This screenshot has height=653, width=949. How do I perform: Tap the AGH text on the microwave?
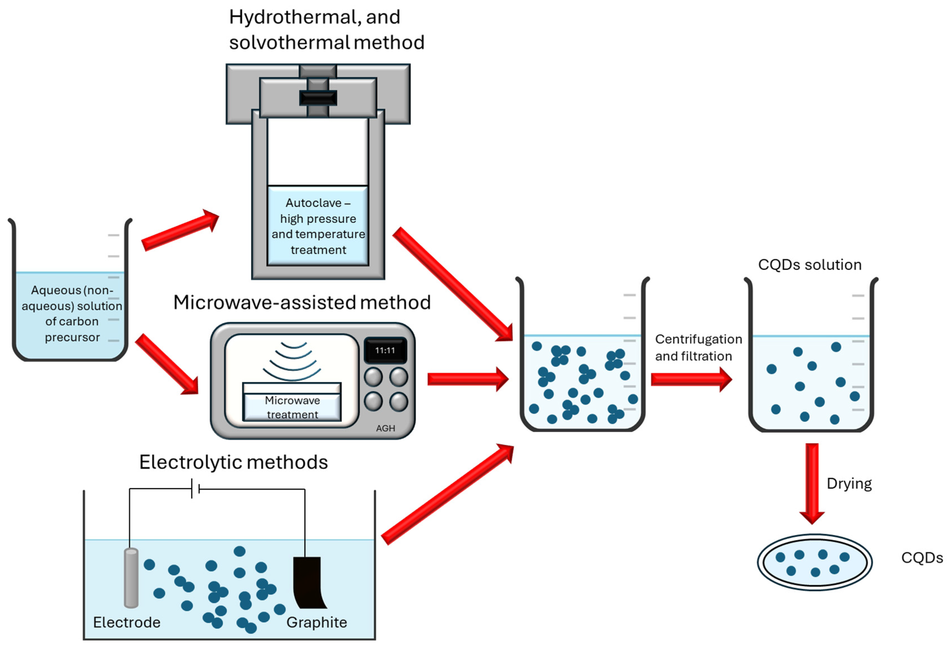tap(385, 428)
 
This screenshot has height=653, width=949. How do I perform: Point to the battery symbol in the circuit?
tap(195, 489)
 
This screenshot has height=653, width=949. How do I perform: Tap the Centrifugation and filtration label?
tap(699, 347)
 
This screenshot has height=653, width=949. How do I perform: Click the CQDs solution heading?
tap(810, 265)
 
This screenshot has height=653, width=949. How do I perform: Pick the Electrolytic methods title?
tap(233, 462)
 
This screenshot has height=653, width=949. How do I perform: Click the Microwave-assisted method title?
tap(302, 302)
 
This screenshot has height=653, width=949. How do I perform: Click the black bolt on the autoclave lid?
tap(318, 98)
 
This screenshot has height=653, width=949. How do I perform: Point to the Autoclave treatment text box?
tap(318, 226)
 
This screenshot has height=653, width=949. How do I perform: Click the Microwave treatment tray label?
tap(292, 407)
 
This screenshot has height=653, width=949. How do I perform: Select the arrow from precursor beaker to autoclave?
tap(180, 230)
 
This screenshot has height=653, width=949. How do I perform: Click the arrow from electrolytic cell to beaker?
tap(447, 494)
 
